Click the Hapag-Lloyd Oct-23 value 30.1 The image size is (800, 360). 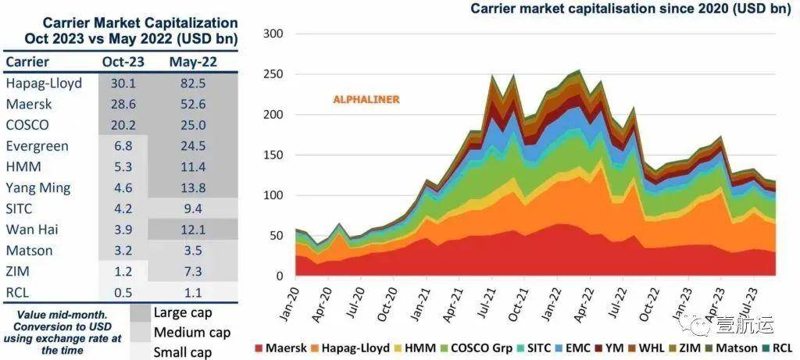pos(122,84)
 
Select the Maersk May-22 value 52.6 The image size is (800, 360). pos(191,104)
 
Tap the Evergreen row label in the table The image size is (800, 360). pos(37,146)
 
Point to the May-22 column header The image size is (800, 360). pos(192,62)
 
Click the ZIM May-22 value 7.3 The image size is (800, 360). pos(191,272)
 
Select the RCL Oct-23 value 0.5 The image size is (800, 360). pos(122,293)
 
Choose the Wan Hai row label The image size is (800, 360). pos(31,230)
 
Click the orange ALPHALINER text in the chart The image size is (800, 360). pos(366,100)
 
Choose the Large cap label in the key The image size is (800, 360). pos(180,313)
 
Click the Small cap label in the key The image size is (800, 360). pos(181,352)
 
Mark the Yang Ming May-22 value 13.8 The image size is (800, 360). pos(191,187)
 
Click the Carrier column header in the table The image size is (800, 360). pos(27,62)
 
